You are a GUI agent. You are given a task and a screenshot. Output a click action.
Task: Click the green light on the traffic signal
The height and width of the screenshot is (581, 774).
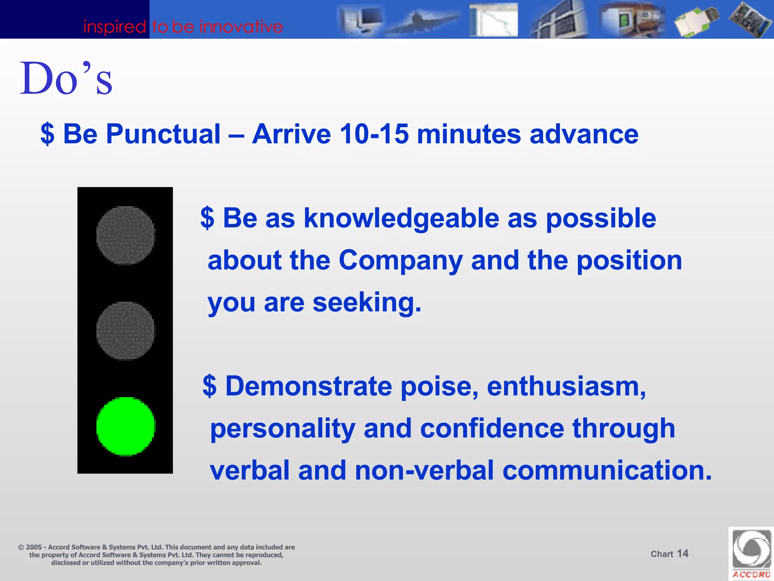[125, 426]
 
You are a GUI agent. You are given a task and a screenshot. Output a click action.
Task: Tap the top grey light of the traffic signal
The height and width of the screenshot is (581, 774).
[125, 235]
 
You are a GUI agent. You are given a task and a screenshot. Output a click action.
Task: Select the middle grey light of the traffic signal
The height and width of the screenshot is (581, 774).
[125, 331]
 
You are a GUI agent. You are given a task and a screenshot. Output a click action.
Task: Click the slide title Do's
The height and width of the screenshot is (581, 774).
[66, 79]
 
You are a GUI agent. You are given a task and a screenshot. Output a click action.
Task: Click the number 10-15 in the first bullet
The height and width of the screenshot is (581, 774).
[374, 134]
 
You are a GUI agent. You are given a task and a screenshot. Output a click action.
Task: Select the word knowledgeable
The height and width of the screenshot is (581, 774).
[401, 218]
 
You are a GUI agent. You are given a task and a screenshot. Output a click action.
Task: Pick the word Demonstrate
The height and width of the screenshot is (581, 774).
[308, 386]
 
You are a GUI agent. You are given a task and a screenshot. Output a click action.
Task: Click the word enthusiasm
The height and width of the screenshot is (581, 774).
[566, 386]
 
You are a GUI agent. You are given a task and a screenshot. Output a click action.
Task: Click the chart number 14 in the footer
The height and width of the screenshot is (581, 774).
[682, 553]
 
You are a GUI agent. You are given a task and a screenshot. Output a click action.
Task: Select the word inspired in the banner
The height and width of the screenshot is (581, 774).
[114, 27]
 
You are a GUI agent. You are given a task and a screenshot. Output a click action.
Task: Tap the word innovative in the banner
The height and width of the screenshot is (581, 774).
[241, 27]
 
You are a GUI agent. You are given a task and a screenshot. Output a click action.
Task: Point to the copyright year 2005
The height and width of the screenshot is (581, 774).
[34, 547]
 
